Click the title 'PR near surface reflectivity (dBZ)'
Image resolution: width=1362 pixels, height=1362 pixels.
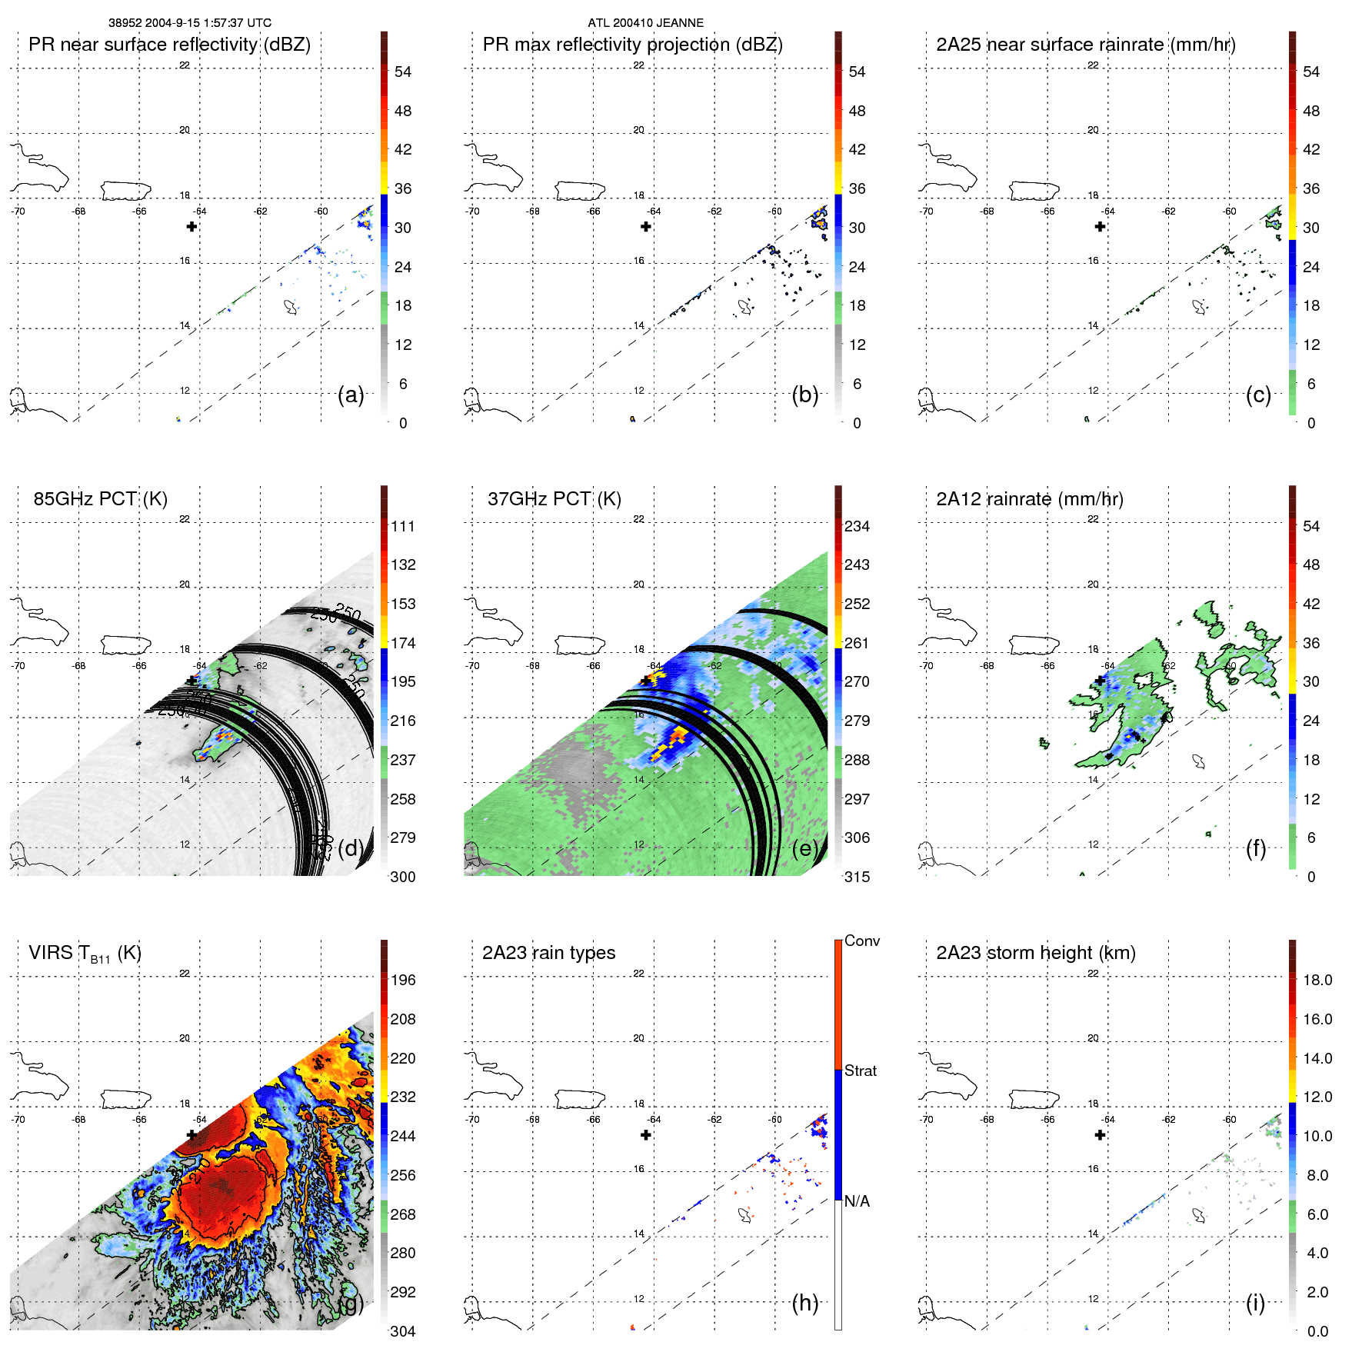pos(169,45)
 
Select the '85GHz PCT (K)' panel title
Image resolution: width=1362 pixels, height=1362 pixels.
pos(100,499)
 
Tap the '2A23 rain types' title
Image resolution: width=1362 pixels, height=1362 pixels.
pos(548,953)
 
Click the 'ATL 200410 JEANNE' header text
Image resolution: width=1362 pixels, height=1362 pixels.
pos(645,23)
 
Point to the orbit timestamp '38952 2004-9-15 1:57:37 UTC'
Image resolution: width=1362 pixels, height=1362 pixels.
pos(190,23)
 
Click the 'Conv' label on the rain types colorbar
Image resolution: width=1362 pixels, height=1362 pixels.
pos(861,941)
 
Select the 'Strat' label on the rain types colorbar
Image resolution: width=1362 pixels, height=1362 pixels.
pos(860,1071)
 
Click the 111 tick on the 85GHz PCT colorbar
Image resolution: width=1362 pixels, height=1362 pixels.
pos(402,526)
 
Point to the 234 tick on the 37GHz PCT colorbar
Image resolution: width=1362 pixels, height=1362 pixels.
pos(857,526)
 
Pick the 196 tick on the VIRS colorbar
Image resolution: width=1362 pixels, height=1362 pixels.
pos(402,980)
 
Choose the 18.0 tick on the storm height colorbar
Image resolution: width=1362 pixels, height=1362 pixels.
pos(1317,980)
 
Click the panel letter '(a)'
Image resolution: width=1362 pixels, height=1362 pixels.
pos(351,395)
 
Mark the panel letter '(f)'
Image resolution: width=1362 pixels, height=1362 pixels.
pos(1256,848)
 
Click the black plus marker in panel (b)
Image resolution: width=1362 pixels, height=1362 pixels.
pos(646,226)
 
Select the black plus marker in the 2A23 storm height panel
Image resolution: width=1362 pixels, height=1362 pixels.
pos(1100,1134)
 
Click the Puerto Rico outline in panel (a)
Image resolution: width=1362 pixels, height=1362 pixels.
pos(125,190)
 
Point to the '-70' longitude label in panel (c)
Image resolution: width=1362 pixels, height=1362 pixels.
pos(926,211)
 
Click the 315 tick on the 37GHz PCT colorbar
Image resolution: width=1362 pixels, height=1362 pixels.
pos(857,877)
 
